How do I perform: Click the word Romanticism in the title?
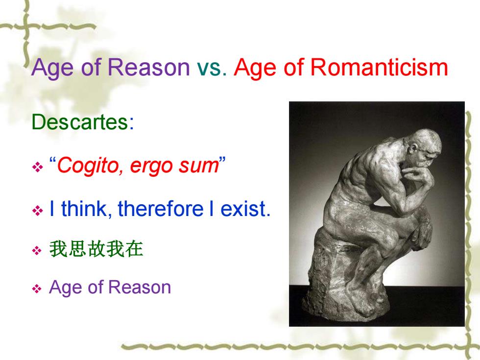379,67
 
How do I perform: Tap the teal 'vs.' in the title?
212,68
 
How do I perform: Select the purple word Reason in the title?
149,67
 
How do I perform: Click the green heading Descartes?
83,122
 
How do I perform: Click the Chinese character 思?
77,249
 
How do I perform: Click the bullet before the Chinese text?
37,251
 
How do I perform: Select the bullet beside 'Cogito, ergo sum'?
37,167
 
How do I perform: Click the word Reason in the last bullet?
140,288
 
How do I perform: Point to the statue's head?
424,146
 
